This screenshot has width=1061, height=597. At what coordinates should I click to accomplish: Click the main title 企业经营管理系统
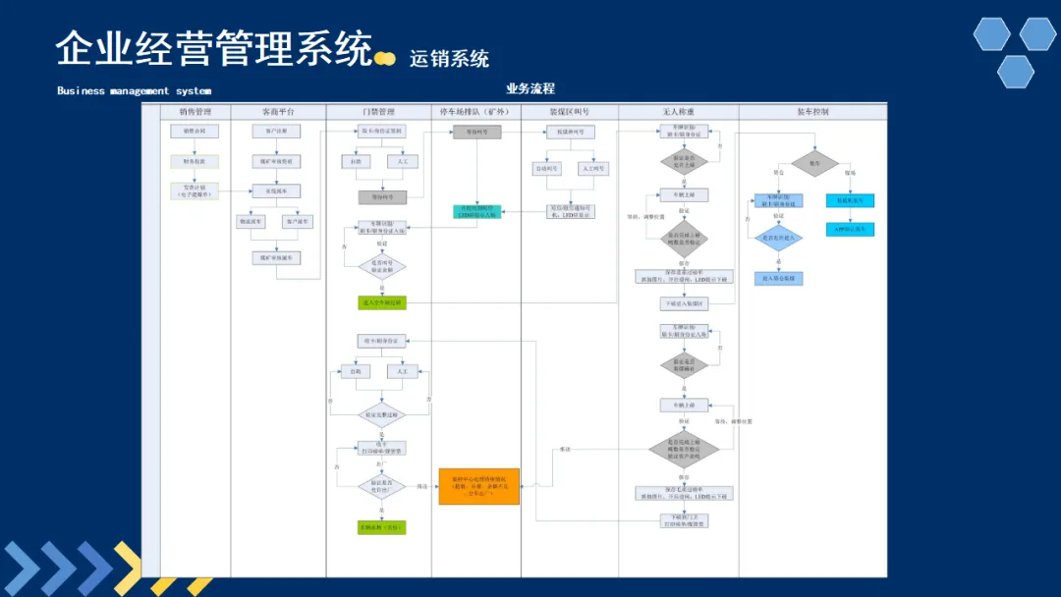(214, 48)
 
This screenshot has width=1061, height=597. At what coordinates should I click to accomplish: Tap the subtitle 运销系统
(449, 59)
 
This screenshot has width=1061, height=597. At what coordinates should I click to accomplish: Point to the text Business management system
(134, 91)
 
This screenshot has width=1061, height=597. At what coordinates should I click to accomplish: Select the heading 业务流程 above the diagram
(530, 89)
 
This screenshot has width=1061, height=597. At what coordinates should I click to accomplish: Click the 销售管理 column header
(195, 112)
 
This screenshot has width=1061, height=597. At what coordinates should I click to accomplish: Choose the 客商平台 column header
(278, 112)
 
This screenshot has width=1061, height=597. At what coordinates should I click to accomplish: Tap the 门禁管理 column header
(378, 112)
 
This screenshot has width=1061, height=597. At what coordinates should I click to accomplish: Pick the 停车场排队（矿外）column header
(475, 112)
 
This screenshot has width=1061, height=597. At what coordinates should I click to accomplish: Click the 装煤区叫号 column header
(570, 112)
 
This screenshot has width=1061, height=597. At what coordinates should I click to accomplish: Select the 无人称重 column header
(678, 112)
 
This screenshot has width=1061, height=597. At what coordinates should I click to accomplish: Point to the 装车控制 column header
(812, 112)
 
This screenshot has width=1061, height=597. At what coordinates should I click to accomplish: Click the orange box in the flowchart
(478, 486)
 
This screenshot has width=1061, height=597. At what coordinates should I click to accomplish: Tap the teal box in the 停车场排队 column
(477, 211)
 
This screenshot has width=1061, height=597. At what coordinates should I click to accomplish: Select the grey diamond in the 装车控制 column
(814, 164)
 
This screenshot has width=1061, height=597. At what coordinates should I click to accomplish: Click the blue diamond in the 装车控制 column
(779, 238)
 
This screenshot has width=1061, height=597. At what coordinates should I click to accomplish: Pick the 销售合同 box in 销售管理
(195, 132)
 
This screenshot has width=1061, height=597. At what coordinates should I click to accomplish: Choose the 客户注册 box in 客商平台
(276, 132)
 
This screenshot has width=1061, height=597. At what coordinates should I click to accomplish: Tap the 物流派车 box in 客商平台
(251, 222)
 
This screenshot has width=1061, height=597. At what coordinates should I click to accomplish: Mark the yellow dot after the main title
(386, 59)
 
